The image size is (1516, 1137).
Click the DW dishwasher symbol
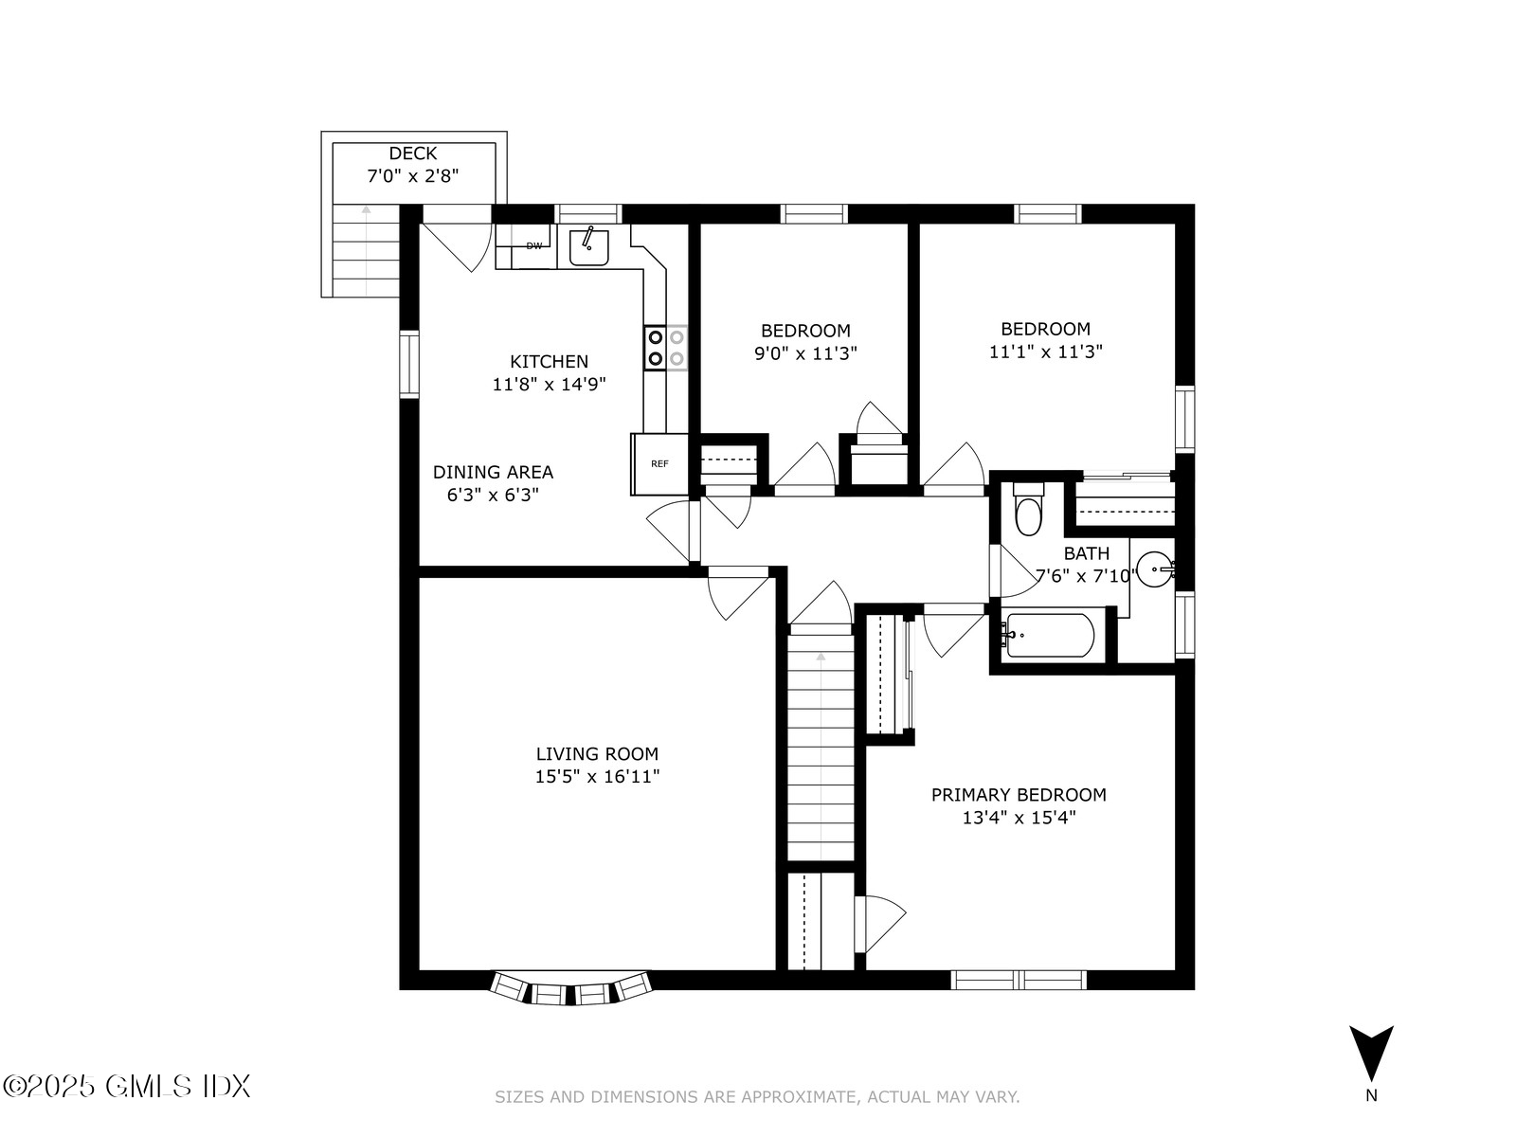pos(533,246)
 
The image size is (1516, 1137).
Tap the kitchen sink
pos(588,246)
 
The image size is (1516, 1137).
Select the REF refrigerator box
pos(659,463)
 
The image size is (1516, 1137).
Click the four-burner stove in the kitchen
pos(665,347)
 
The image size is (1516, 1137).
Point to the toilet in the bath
pos(1027,512)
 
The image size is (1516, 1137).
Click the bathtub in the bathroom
pos(1050,636)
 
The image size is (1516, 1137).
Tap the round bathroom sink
pos(1155,570)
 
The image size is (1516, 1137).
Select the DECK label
pos(413,153)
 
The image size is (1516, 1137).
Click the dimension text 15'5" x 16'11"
pos(597,777)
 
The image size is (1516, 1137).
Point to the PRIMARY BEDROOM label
pos(1019,795)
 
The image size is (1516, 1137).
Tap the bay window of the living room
pos(570,989)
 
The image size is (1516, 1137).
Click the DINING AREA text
pos(493,472)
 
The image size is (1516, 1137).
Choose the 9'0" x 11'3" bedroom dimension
pos(805,353)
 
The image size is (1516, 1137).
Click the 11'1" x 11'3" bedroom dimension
pos(1046,352)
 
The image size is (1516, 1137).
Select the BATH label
pos(1086,553)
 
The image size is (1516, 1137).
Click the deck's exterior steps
pos(366,251)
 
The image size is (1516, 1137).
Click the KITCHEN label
pos(549,361)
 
